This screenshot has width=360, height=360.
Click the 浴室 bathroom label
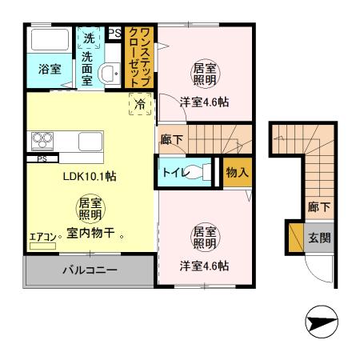50,70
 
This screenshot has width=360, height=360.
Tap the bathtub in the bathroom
50,41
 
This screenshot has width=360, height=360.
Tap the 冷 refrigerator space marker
140,103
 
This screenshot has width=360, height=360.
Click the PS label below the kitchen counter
42,158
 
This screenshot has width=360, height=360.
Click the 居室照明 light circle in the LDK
89,209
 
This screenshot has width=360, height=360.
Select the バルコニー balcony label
90,270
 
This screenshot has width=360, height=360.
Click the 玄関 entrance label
320,237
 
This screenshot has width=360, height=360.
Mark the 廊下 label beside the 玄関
319,207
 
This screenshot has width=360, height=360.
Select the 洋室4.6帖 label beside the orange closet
203,102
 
